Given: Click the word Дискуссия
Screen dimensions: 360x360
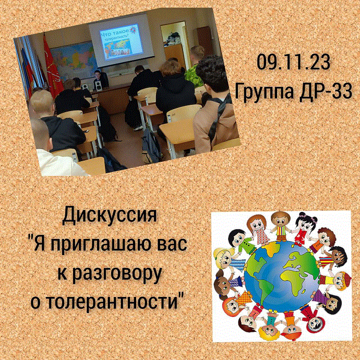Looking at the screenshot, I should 110,215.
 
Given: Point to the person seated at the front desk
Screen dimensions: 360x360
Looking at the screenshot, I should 100,78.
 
